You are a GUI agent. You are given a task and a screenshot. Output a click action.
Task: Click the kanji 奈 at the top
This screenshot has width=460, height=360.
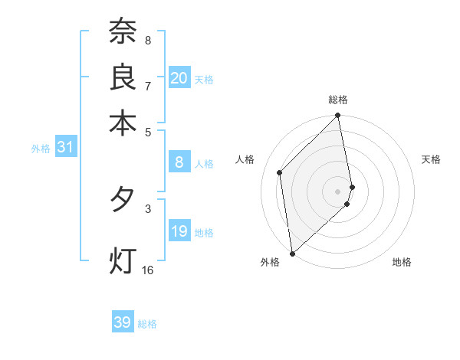click(123, 31)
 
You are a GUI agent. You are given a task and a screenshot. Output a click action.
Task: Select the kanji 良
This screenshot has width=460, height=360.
click(123, 77)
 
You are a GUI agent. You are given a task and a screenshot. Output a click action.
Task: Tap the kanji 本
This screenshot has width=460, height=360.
click(123, 122)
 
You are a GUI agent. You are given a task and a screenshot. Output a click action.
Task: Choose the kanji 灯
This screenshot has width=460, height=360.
click(123, 259)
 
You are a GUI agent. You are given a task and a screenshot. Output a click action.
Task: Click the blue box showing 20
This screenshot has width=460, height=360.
click(179, 78)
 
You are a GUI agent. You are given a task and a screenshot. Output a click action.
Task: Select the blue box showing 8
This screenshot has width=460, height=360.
click(179, 162)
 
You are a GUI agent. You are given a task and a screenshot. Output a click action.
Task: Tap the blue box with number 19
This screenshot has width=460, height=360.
click(179, 231)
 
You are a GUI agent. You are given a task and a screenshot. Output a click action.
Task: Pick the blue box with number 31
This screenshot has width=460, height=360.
click(65, 147)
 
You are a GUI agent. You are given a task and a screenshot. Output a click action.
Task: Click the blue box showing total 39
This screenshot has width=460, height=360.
click(123, 322)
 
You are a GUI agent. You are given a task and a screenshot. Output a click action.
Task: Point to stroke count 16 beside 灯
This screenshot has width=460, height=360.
click(147, 270)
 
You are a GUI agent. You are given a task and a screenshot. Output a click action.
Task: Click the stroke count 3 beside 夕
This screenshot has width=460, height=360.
click(148, 208)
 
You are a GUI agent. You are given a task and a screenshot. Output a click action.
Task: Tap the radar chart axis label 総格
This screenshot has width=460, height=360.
click(338, 100)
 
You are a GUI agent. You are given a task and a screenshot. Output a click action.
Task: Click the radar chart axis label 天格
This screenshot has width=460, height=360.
click(431, 159)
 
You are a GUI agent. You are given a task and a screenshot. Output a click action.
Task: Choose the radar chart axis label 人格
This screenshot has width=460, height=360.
click(245, 159)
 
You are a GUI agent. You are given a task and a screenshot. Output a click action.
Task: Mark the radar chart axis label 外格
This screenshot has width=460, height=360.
click(270, 263)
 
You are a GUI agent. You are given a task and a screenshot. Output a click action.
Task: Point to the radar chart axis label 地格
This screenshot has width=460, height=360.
click(402, 263)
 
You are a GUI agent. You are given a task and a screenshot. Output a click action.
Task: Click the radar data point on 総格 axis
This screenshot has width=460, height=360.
click(338, 116)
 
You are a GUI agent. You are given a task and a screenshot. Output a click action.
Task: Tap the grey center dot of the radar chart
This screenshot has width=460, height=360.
click(338, 191)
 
